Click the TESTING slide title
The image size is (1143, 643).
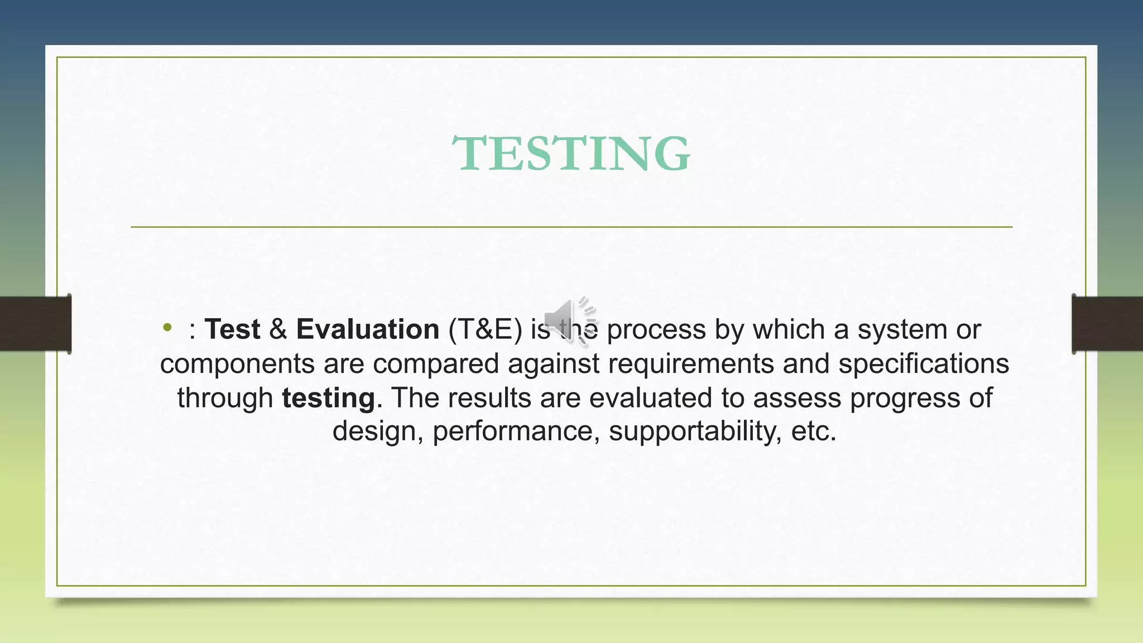[x=571, y=153]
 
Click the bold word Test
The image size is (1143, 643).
[x=232, y=329]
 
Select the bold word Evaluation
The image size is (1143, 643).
[x=368, y=329]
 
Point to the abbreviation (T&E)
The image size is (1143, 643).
[x=485, y=329]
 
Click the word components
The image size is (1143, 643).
[x=237, y=364]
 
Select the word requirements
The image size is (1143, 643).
[x=691, y=364]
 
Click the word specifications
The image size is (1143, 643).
[x=924, y=364]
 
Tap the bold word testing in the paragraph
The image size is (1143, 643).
[x=328, y=399]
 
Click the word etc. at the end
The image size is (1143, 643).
[x=814, y=431]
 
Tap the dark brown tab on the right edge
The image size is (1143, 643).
[x=1107, y=324]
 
